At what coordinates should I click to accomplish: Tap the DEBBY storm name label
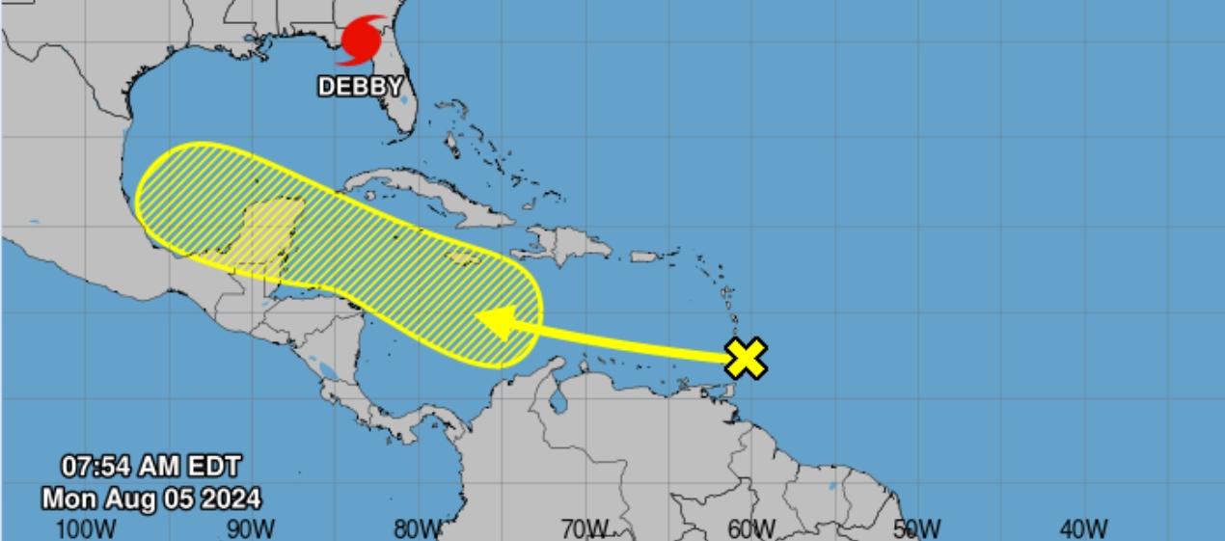pyautogui.click(x=360, y=87)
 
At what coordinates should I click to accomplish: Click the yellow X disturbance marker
pyautogui.click(x=747, y=358)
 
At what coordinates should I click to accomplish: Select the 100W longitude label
pyautogui.click(x=86, y=528)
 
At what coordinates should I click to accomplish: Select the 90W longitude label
pyautogui.click(x=252, y=528)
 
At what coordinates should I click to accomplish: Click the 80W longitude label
pyautogui.click(x=418, y=528)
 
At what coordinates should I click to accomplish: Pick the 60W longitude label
pyautogui.click(x=750, y=528)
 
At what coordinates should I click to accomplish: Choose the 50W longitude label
pyautogui.click(x=916, y=528)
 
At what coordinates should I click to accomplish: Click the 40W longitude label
pyautogui.click(x=1083, y=528)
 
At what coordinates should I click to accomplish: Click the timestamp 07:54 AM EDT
pyautogui.click(x=150, y=467)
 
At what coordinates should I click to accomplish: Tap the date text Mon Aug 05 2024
pyautogui.click(x=150, y=499)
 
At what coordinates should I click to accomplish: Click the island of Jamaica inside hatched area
pyautogui.click(x=465, y=258)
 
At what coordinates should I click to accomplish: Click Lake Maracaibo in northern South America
pyautogui.click(x=558, y=398)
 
